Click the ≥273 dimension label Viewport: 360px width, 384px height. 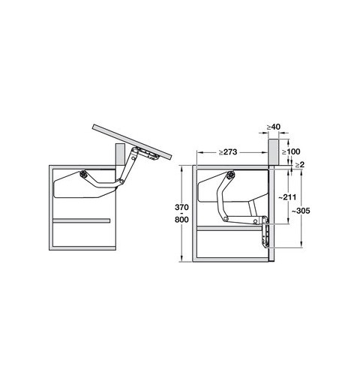[x=228, y=152]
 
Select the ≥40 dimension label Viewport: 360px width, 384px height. [x=273, y=127]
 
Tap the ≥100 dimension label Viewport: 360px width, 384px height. [x=291, y=151]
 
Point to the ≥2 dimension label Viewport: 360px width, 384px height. [x=300, y=165]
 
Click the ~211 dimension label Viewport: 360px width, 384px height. [x=287, y=197]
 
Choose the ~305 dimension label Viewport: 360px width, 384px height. [x=301, y=211]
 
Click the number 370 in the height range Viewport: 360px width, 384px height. [x=181, y=207]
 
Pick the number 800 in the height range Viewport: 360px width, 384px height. [x=181, y=220]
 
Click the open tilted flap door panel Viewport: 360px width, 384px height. [x=133, y=142]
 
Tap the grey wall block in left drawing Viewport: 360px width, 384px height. [x=120, y=154]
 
